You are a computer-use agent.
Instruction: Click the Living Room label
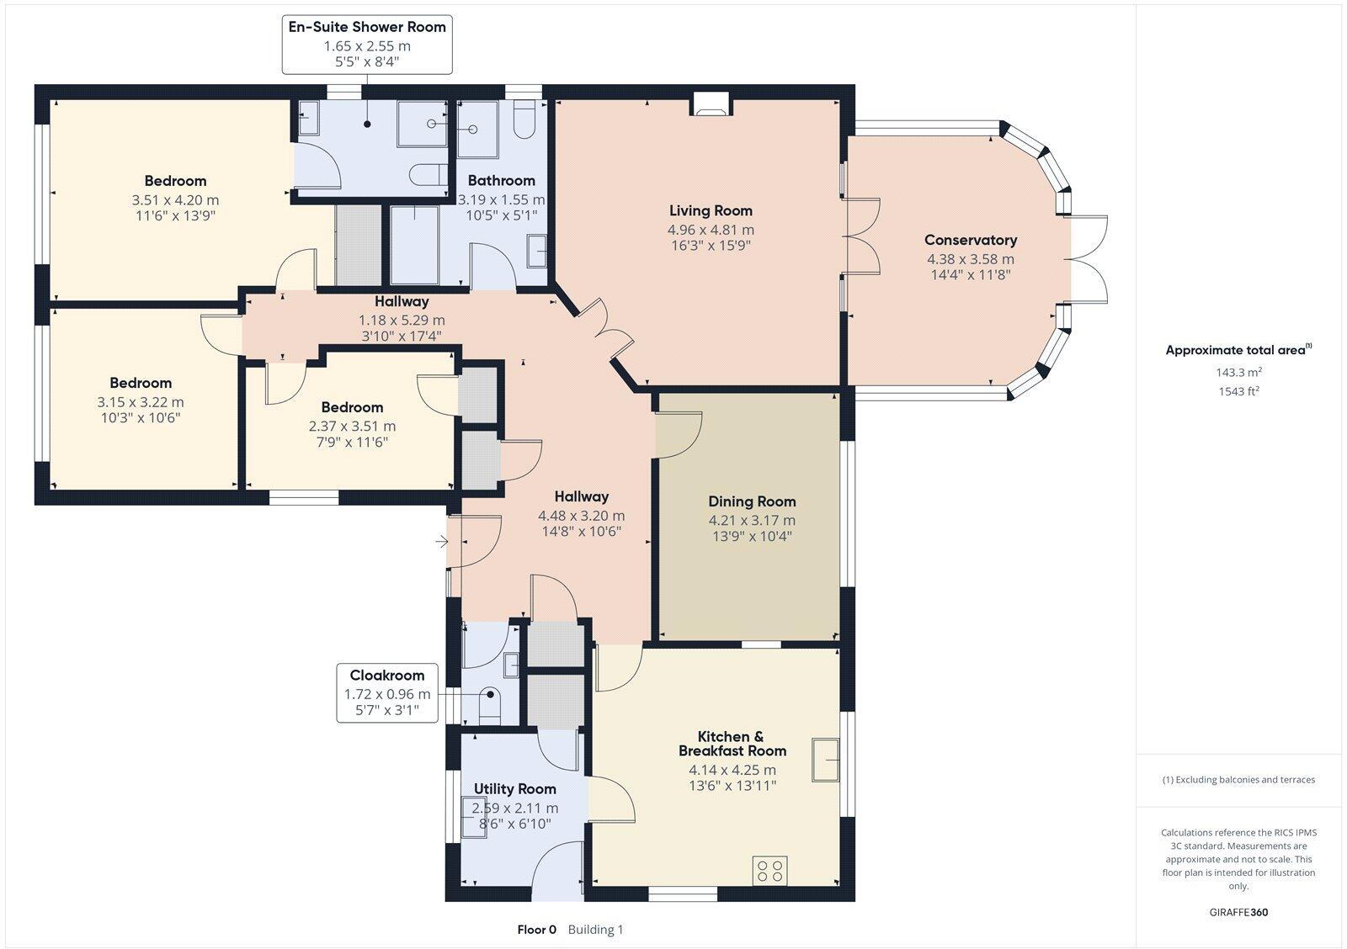click(x=711, y=210)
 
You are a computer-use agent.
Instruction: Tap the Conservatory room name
click(x=970, y=241)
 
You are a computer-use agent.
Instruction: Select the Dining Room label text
click(x=751, y=501)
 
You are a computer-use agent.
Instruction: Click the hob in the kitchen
click(x=770, y=870)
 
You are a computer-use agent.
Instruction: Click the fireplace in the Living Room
click(x=711, y=103)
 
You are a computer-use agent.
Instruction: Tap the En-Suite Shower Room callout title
click(x=367, y=27)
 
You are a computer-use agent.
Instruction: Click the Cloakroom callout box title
click(x=387, y=676)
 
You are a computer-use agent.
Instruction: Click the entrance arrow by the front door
click(x=441, y=542)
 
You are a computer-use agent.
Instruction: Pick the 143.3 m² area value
click(x=1238, y=372)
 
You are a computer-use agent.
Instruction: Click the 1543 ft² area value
click(x=1238, y=391)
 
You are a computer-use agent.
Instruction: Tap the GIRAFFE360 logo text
click(x=1238, y=912)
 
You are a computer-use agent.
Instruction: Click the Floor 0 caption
click(x=537, y=930)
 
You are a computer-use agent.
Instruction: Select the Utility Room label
click(x=514, y=789)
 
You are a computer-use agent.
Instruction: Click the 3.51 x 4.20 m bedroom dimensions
click(x=175, y=200)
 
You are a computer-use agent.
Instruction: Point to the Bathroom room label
click(x=501, y=180)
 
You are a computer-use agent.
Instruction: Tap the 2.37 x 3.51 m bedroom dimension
click(x=352, y=427)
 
